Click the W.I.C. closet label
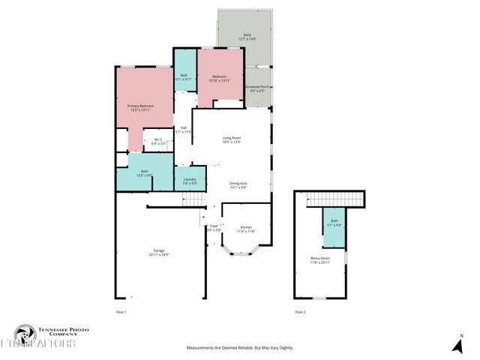[158, 141]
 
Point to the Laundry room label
[190, 181]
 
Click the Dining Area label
[238, 184]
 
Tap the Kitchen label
[246, 229]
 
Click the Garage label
[159, 253]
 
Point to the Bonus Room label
[320, 260]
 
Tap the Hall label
[184, 130]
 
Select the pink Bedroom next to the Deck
[219, 78]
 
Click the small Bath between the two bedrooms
[184, 76]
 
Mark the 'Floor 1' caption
[121, 311]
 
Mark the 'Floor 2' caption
[300, 311]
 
